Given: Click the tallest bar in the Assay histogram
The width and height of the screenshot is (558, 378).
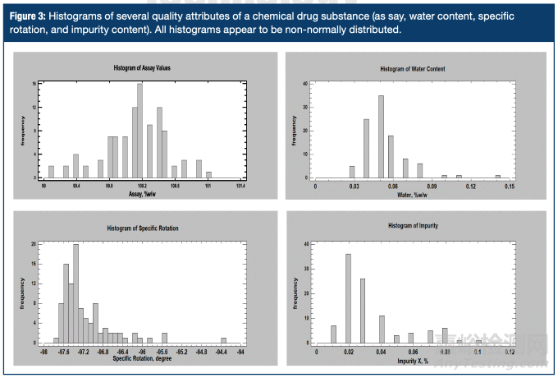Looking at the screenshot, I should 140,131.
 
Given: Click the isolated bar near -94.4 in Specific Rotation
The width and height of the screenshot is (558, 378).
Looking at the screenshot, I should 223,340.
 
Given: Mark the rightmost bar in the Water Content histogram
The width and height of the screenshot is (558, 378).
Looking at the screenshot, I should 497,176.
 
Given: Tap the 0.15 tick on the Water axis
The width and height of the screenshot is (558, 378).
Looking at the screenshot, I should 510,187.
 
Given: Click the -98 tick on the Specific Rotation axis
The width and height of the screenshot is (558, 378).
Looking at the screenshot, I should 43,351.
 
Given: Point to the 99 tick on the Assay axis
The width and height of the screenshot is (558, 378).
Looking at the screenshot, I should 43,187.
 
